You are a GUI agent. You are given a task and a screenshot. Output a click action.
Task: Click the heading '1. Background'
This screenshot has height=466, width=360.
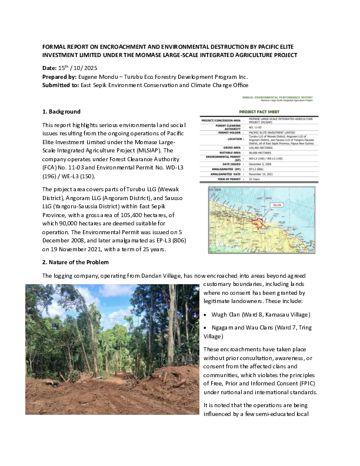tap(61, 111)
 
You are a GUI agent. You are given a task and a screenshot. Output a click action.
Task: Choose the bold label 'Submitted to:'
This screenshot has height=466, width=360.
tap(62, 85)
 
